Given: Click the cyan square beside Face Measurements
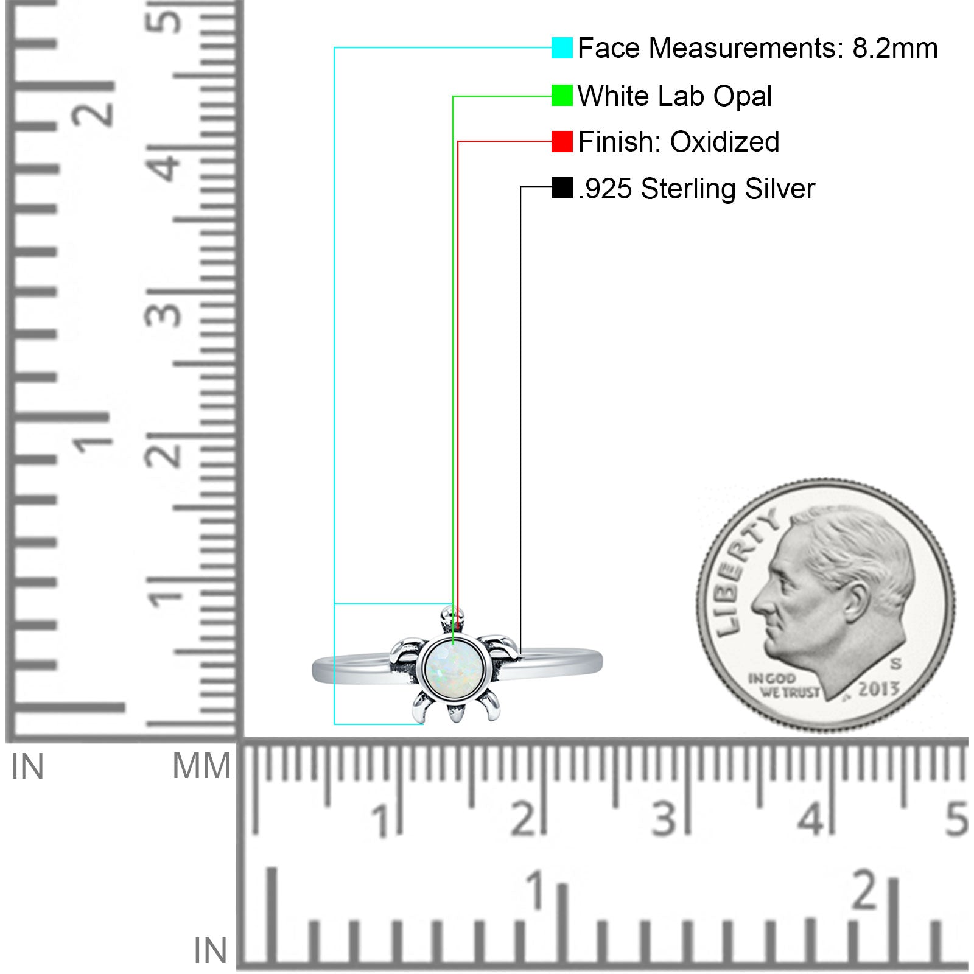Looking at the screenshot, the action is click(562, 47).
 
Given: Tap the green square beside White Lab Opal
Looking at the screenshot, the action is click(562, 95).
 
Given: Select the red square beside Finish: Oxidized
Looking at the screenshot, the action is click(562, 141).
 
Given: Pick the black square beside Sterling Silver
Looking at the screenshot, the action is click(562, 187).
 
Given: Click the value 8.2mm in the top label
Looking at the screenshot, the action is click(895, 48).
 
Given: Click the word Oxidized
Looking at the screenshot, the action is click(724, 142).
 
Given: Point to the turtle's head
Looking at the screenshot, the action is click(452, 620).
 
